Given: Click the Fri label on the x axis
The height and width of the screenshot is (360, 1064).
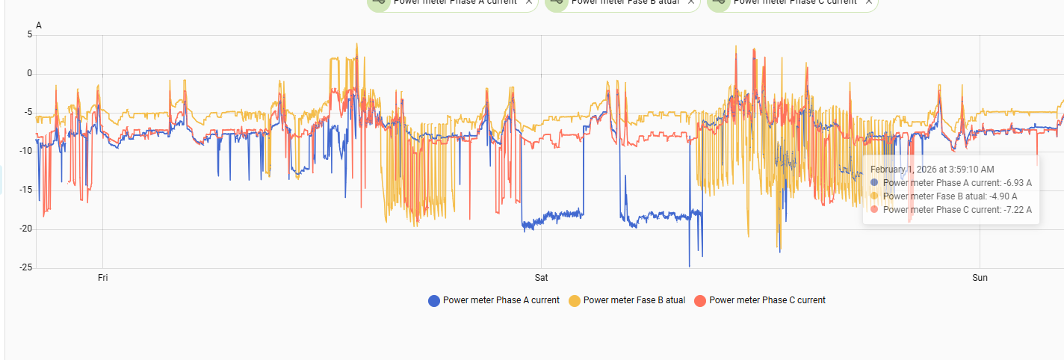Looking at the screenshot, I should point(103,278).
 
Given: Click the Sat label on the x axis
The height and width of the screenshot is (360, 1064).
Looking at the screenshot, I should point(542,278).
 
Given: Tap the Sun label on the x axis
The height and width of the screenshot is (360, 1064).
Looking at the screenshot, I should point(980,278).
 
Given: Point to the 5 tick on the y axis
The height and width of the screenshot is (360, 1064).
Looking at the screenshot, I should point(30,34).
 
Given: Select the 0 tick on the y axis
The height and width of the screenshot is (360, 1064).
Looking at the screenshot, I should point(30,73).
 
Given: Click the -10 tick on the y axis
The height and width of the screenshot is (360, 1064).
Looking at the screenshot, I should point(26,151).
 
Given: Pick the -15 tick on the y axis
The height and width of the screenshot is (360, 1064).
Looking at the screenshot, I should point(26,190).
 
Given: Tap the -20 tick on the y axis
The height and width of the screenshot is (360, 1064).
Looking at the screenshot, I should point(26,229).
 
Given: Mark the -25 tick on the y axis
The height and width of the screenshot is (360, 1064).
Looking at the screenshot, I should point(26,267).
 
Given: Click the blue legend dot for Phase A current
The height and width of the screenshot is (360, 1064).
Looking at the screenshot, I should point(434,301).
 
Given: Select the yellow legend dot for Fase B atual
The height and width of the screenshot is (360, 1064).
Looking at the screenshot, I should point(575,301).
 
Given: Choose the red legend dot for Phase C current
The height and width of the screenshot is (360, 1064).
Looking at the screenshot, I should point(700,301).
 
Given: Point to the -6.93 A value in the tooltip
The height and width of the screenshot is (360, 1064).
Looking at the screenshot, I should point(1018,183).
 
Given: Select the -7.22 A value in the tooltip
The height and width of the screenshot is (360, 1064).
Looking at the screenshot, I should point(1018,210).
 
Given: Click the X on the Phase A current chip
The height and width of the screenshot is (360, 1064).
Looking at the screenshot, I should point(529,2).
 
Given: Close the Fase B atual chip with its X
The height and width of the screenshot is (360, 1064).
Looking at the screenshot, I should point(691,2).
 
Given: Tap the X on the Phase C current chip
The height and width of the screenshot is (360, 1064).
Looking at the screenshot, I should point(869,2).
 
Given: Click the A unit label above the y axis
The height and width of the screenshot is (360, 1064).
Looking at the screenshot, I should point(39,26).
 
